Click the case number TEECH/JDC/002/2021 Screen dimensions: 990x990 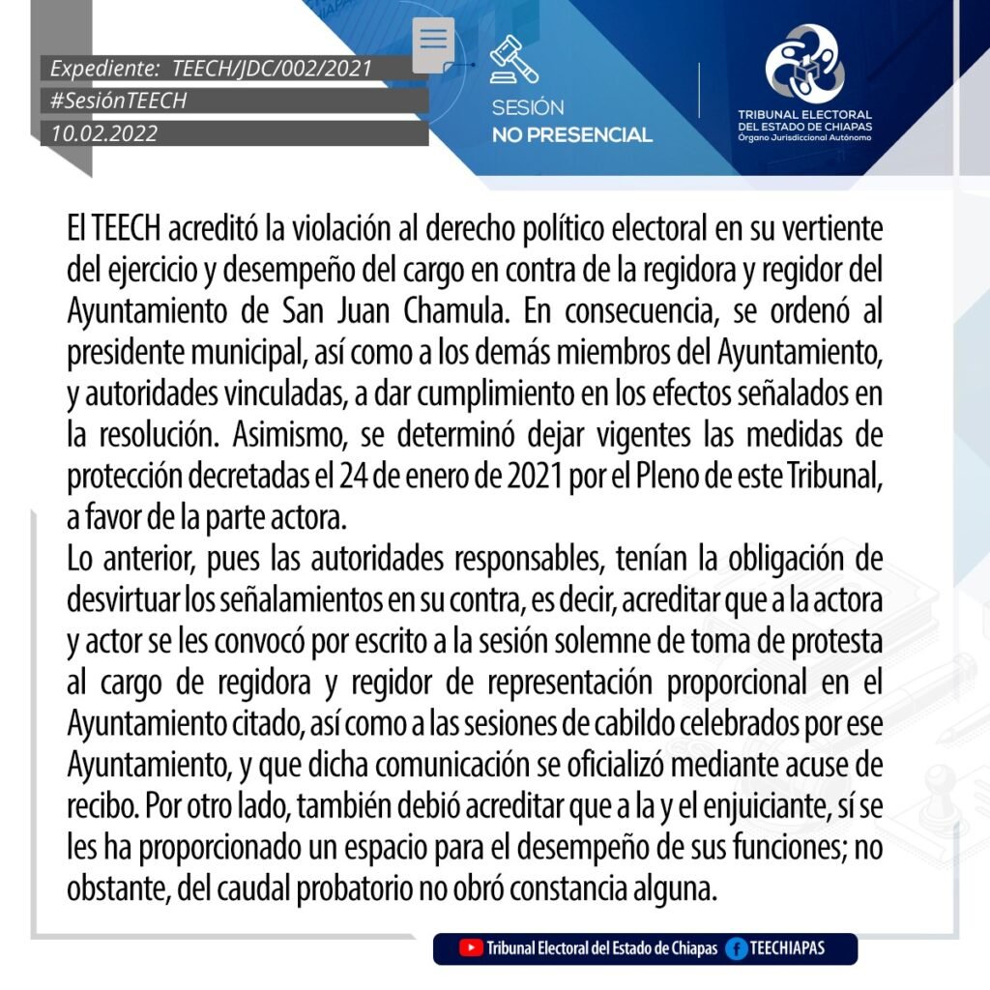click(x=272, y=69)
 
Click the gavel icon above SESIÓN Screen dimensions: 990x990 click(x=513, y=60)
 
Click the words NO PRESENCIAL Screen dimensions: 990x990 click(x=571, y=135)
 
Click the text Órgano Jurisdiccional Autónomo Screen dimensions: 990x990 click(x=804, y=137)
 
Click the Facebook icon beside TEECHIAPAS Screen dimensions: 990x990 click(x=737, y=947)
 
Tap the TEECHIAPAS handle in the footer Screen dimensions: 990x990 click(x=787, y=947)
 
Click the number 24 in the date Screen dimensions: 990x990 click(x=354, y=477)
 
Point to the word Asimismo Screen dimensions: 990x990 click(x=289, y=436)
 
